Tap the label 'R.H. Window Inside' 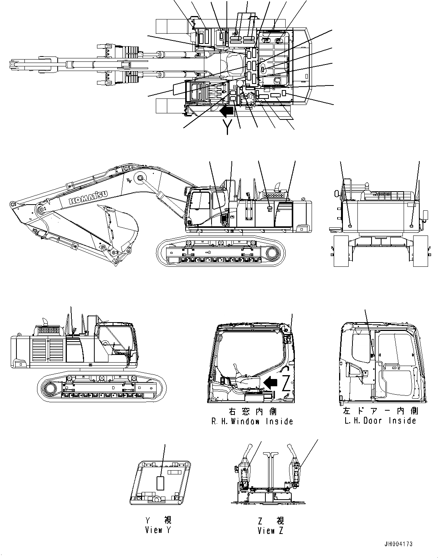point(252,421)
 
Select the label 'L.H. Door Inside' point(380,421)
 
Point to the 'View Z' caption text point(270,531)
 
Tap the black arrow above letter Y point(228,111)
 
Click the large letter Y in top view point(228,126)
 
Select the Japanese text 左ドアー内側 point(380,411)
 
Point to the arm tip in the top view point(15,65)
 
